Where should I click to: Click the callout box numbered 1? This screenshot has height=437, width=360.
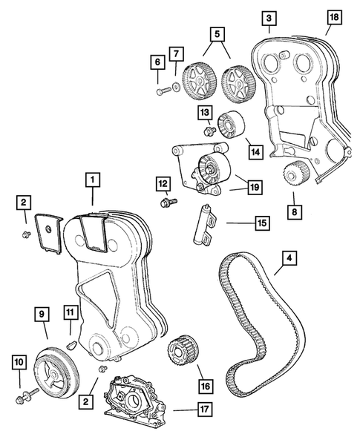point(93,180)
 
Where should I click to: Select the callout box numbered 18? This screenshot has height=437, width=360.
point(334,17)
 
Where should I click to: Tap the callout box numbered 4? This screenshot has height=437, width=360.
point(289,258)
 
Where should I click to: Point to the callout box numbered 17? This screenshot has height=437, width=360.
point(204,409)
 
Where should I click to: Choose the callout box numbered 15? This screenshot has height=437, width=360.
point(263,223)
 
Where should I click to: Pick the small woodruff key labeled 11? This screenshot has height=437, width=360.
point(71,345)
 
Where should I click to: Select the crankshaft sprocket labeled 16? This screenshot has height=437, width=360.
point(183,351)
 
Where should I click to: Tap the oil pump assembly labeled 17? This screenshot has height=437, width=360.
point(135,397)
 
